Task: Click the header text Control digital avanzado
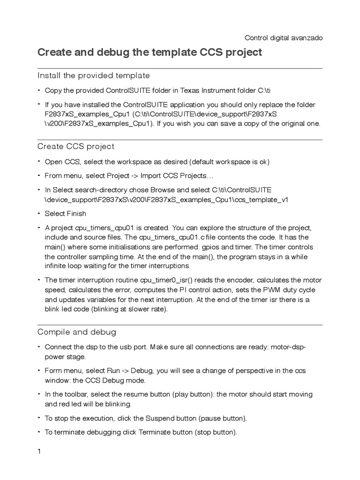[284, 37]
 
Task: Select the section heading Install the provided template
[93, 75]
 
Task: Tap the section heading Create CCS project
[75, 147]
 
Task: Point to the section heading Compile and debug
[76, 332]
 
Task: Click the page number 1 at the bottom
[39, 452]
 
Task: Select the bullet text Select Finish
[65, 213]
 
